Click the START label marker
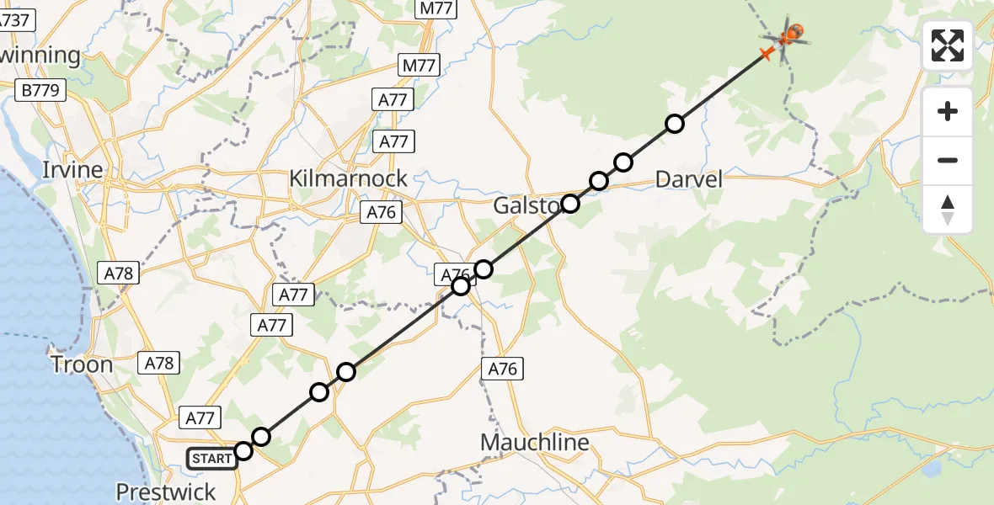[211, 459]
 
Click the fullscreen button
[948, 45]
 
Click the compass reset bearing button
[948, 210]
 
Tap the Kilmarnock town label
[348, 178]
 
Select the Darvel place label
[689, 178]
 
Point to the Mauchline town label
[534, 442]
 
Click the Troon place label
[82, 364]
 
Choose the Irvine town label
[73, 170]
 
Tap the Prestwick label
[166, 492]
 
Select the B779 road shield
[40, 90]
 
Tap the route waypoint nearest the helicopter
[674, 124]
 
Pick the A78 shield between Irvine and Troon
[119, 273]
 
